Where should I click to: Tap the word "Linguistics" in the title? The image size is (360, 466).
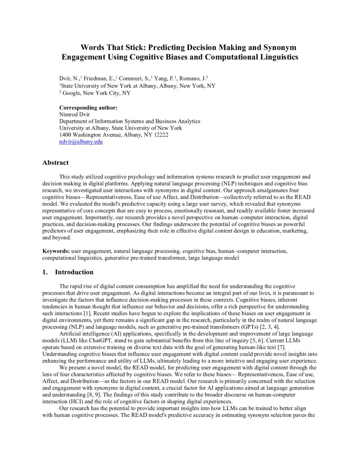click(276, 57)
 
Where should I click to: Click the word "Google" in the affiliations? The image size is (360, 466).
click(71, 93)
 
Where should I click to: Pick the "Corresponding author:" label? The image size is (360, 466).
click(88, 108)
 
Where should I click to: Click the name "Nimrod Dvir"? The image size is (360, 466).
click(73, 114)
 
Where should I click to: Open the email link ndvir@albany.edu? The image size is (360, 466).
click(81, 142)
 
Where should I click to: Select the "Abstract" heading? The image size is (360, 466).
click(55, 163)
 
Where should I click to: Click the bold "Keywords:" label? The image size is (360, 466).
click(56, 251)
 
